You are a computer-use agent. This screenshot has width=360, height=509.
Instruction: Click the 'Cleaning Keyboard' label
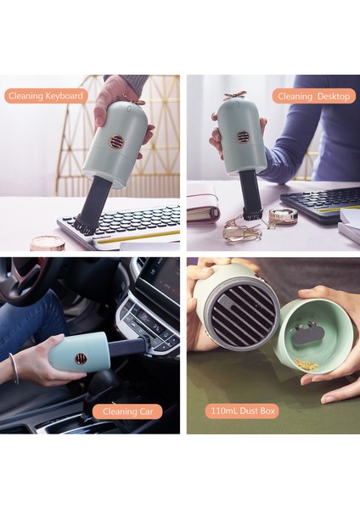pyautogui.click(x=47, y=96)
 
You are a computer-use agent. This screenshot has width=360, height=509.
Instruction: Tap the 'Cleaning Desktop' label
pyautogui.click(x=314, y=96)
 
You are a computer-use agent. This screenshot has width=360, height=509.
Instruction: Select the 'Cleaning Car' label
pyautogui.click(x=127, y=411)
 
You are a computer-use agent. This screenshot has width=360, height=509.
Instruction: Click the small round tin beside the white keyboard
pyautogui.click(x=48, y=243)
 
